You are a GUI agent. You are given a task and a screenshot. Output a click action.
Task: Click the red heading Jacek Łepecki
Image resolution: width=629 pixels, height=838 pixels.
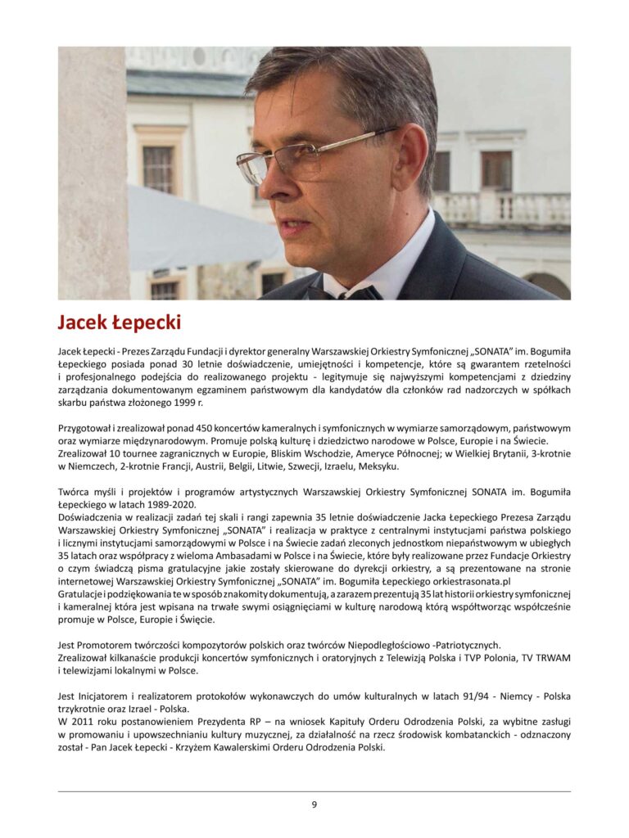[120, 322]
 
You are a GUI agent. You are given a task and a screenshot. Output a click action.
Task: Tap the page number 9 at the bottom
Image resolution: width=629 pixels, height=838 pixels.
[314, 804]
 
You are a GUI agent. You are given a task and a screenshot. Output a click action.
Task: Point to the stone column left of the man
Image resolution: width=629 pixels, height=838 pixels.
[92, 172]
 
